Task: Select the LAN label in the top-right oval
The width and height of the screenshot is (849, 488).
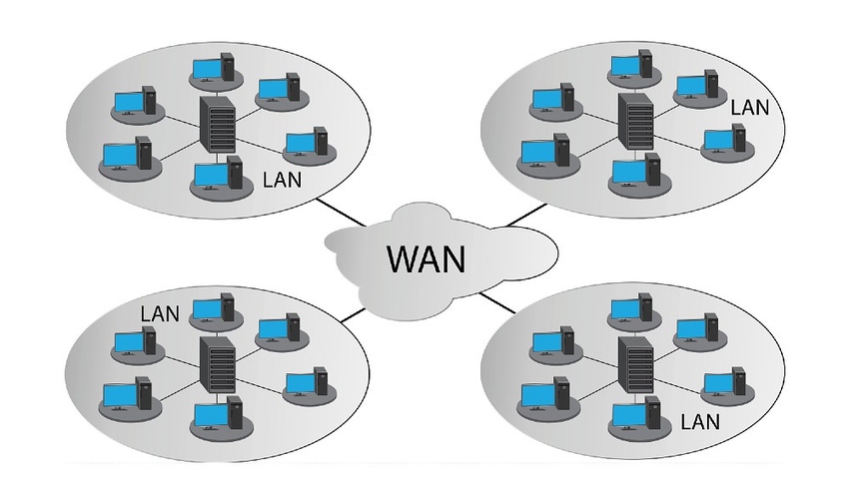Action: click(750, 106)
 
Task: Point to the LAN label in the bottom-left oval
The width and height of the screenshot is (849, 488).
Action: click(160, 312)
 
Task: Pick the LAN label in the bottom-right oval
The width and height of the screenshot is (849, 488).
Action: click(700, 421)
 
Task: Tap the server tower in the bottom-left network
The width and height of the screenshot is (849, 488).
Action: click(216, 364)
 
